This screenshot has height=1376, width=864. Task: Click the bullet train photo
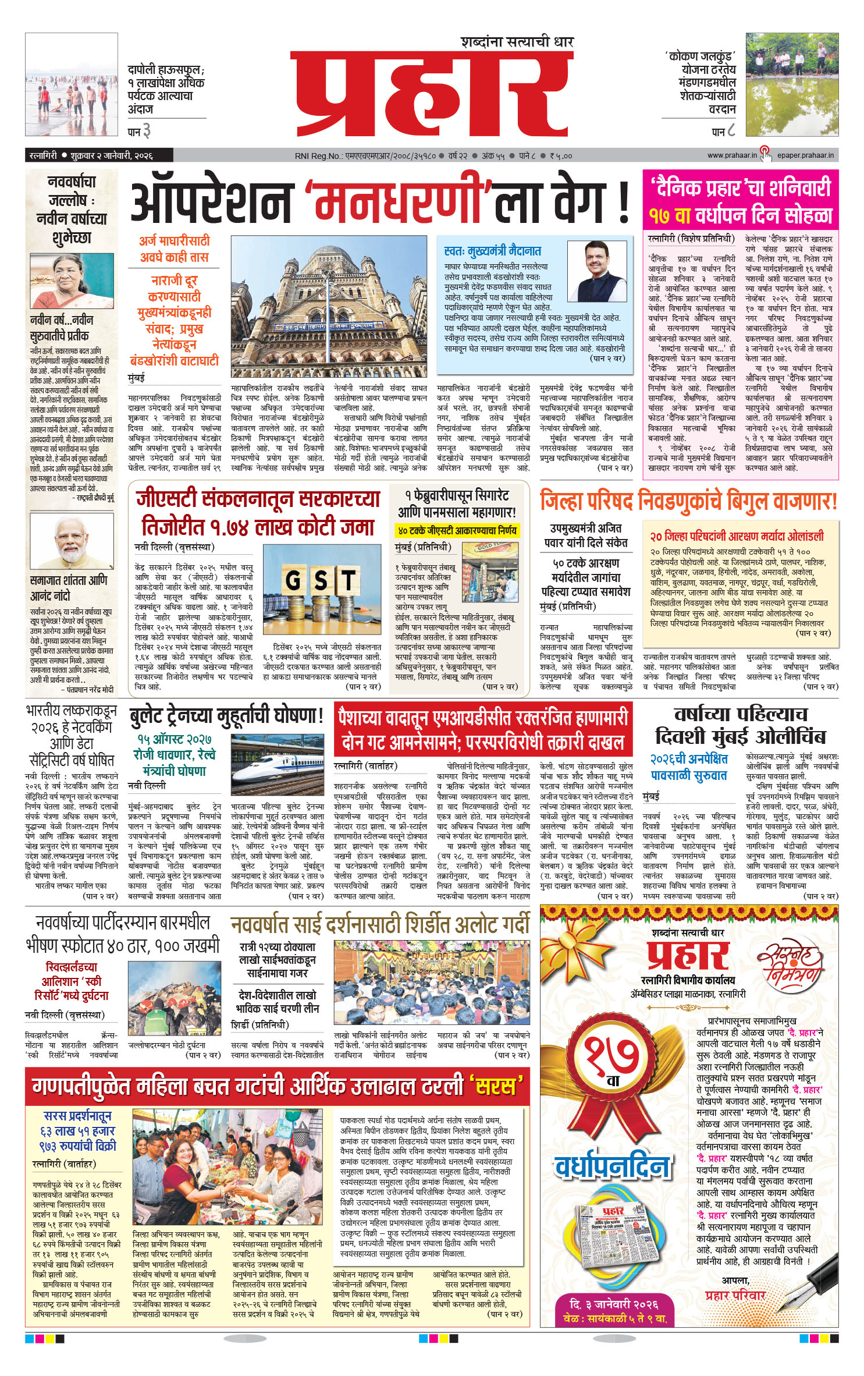click(x=276, y=768)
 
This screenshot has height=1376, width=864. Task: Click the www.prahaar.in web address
click(x=732, y=155)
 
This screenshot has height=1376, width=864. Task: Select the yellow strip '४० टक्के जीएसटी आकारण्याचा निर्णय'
click(x=457, y=531)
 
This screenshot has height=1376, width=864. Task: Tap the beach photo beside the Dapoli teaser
click(x=72, y=85)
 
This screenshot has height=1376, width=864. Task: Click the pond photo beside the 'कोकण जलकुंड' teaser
click(x=792, y=85)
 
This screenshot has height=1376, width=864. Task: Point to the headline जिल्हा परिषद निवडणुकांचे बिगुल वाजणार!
click(x=688, y=501)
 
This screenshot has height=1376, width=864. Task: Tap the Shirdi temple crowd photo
click(x=432, y=983)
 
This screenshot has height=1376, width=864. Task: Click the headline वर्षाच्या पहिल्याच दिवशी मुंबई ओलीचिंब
click(x=740, y=725)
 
